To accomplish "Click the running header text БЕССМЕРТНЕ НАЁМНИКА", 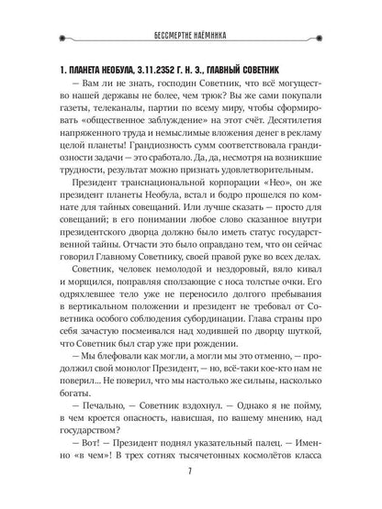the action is pyautogui.click(x=191, y=37).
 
